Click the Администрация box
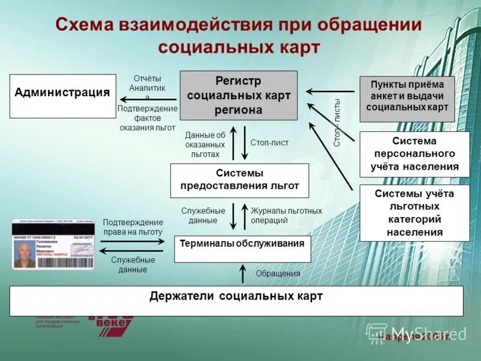click(63, 96)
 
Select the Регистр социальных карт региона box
click(239, 95)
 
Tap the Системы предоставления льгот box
click(239, 180)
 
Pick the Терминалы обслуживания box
click(242, 248)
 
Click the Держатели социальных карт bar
click(236, 300)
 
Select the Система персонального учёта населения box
click(414, 154)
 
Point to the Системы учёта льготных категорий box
click(414, 212)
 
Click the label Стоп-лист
click(269, 143)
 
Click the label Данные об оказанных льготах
click(205, 144)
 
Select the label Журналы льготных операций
click(286, 215)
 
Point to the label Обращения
click(278, 274)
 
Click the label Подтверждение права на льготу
click(133, 227)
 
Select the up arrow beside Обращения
click(242, 273)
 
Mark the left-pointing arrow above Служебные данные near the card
click(132, 250)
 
